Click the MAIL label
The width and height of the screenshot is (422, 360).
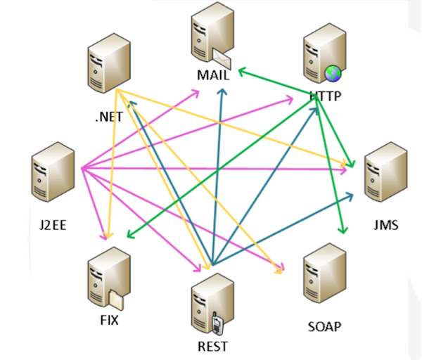point(214,75)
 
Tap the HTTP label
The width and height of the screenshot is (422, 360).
point(326,96)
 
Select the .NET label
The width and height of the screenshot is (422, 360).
point(108,117)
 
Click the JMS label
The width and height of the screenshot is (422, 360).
point(385,225)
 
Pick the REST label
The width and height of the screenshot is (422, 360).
point(213,345)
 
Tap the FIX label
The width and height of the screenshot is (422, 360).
point(109,321)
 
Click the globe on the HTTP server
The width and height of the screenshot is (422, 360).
point(332,72)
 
